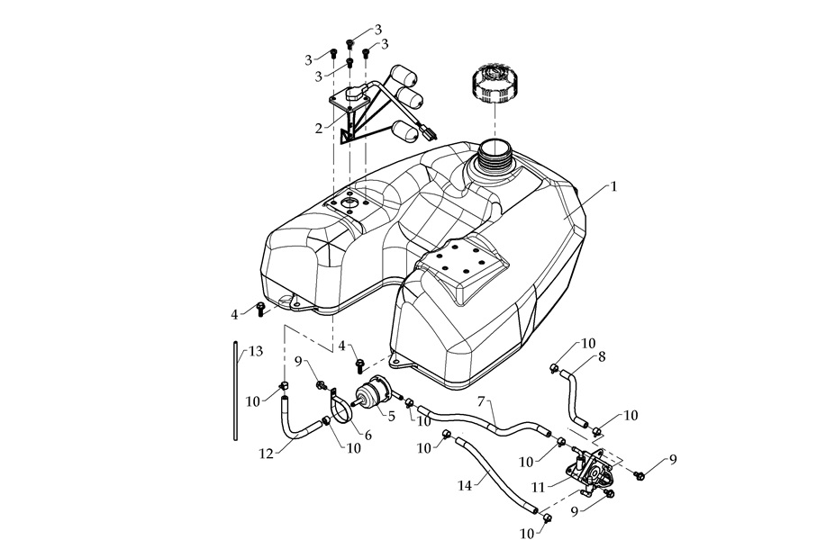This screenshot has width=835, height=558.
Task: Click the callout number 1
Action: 613,187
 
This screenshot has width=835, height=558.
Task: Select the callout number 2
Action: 318,129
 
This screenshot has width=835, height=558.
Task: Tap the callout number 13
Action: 256,351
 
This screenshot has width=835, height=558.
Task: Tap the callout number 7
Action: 482,400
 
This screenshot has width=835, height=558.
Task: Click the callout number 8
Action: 601,356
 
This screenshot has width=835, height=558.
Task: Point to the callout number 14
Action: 464,486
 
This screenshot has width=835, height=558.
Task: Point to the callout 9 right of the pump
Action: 671,460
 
